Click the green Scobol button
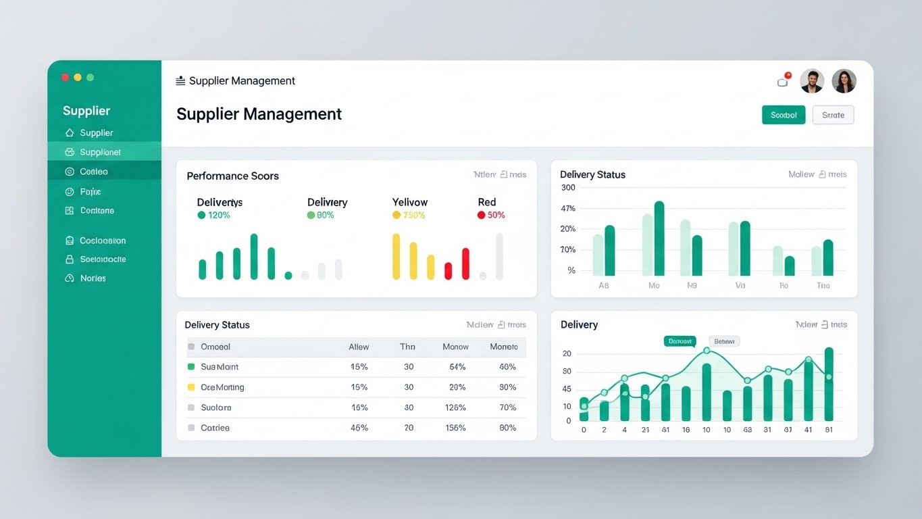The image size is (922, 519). (x=783, y=115)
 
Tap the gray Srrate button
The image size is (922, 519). (x=833, y=115)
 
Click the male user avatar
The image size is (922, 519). (x=811, y=81)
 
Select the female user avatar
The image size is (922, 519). (x=844, y=81)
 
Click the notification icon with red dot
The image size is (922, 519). (x=784, y=81)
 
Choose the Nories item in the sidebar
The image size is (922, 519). (x=93, y=278)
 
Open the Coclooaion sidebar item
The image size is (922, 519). (x=102, y=241)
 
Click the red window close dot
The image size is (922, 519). (x=66, y=78)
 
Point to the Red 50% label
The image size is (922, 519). (x=491, y=215)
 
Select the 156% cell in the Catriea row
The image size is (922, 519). (x=455, y=428)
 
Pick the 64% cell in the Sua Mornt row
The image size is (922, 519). (x=457, y=367)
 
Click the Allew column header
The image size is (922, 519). (x=359, y=347)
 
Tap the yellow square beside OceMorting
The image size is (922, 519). (x=191, y=387)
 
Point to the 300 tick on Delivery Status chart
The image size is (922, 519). (x=568, y=188)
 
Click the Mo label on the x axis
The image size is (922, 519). (x=653, y=286)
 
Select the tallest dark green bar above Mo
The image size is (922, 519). (x=659, y=239)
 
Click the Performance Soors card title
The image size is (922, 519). (x=232, y=176)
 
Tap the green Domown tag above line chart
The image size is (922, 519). (x=680, y=341)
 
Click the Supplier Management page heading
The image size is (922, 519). (x=259, y=114)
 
